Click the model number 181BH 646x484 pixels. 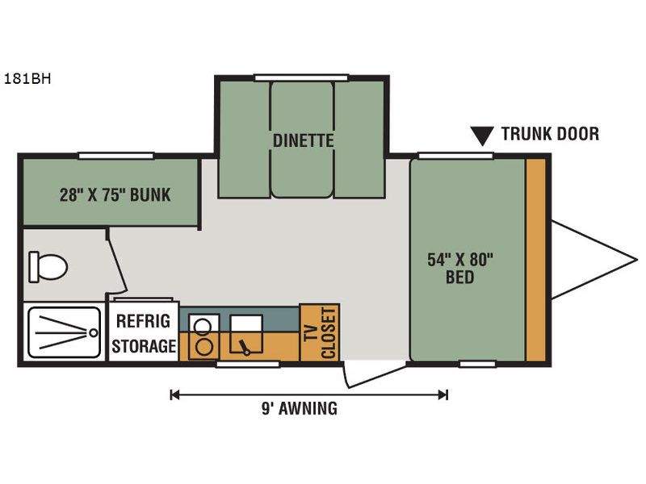(27, 78)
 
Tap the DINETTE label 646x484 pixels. (304, 140)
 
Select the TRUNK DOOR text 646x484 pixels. (550, 134)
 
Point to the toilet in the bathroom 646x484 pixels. (48, 267)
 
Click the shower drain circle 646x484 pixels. (94, 332)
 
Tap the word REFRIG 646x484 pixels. (143, 321)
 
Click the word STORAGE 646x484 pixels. (144, 346)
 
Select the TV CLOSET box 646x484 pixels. (320, 332)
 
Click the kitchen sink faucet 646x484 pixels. (245, 347)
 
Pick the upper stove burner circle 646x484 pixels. (203, 327)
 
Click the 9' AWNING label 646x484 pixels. (300, 409)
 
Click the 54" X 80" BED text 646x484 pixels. (460, 269)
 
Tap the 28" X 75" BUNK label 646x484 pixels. (115, 194)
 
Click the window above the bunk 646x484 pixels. (115, 156)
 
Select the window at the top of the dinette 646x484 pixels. (301, 77)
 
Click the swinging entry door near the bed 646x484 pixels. (375, 375)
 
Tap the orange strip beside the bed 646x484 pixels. (536, 260)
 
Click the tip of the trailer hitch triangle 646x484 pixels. (637, 260)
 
